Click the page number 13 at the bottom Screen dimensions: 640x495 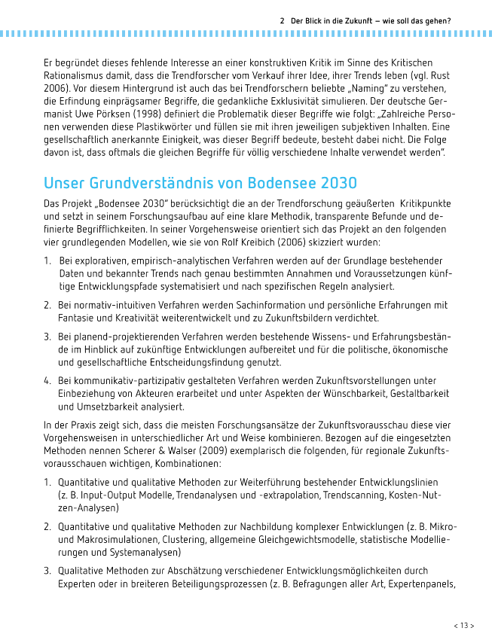coord(463,625)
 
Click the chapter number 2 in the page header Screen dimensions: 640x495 coord(282,21)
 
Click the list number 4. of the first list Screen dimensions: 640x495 coord(47,380)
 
